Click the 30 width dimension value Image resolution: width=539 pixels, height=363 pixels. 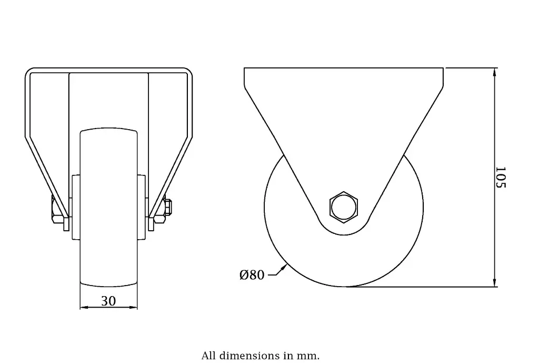108,301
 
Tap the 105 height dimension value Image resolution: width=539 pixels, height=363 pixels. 501,178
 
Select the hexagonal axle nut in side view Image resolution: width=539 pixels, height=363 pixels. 343,206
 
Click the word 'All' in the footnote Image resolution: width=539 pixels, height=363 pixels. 208,356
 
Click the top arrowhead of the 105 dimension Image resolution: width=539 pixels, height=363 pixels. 494,71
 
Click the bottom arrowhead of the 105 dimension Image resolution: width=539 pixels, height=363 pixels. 494,283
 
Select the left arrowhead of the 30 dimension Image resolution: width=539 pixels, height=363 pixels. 83,308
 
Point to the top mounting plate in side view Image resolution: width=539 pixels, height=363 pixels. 343,76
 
